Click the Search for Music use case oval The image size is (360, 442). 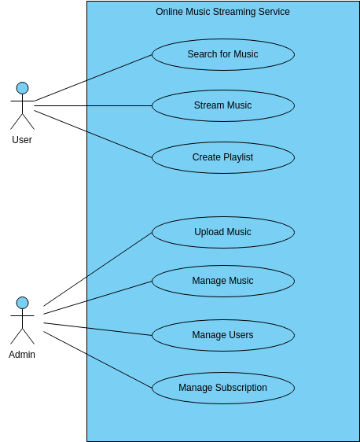tap(222, 54)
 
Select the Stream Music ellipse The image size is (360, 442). tap(222, 105)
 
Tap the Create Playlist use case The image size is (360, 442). tap(222, 157)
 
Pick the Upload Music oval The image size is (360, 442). tap(222, 232)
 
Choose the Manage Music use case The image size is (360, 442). tap(222, 281)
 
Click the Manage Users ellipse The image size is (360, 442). tap(222, 335)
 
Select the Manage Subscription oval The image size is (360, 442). tap(222, 388)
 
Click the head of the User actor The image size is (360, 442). tap(22, 88)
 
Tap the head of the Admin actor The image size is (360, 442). tap(22, 303)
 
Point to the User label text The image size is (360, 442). tap(22, 140)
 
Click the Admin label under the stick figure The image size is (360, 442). tap(22, 355)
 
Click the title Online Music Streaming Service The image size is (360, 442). tap(222, 12)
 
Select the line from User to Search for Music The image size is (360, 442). tap(93, 78)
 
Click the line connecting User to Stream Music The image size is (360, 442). tap(93, 105)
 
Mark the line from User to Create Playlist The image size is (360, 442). tap(93, 134)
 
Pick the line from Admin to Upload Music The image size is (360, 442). tap(97, 269)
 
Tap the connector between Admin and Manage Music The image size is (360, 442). tap(97, 297)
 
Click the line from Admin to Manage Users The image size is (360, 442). tap(97, 329)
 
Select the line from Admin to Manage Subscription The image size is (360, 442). tap(97, 359)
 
